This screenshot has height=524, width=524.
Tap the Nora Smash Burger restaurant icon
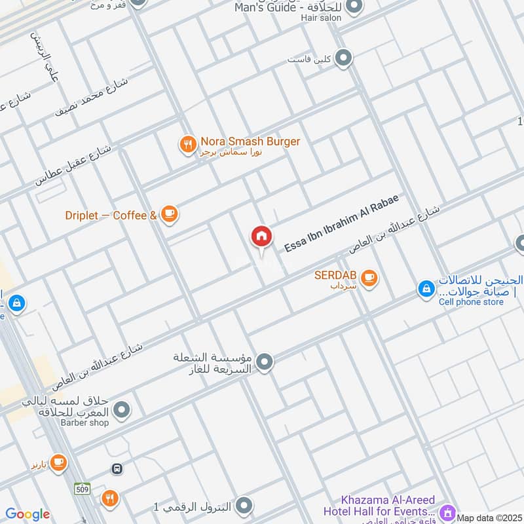tap(189, 144)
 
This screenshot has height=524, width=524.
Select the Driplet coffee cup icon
tap(170, 214)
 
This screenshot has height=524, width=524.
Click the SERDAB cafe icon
tap(369, 278)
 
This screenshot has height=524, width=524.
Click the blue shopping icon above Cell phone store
tap(426, 288)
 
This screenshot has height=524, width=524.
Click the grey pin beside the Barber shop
tap(121, 411)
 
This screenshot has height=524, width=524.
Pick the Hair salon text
tap(321, 18)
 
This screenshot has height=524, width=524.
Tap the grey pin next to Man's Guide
tap(354, 7)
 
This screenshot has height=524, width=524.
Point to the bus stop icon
tap(117, 469)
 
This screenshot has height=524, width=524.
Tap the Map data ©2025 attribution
tap(489, 518)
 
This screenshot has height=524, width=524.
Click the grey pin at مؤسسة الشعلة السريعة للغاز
tap(265, 362)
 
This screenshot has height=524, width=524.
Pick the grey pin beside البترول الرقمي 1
tap(244, 506)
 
